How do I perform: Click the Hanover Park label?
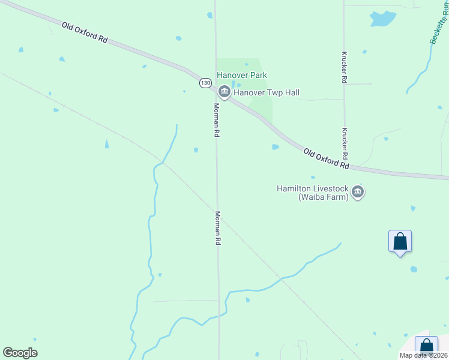click(x=242, y=75)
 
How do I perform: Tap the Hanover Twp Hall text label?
click(x=266, y=93)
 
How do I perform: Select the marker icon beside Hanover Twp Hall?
click(x=224, y=92)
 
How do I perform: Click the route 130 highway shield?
click(x=205, y=83)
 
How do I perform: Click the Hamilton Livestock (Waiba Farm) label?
click(x=312, y=193)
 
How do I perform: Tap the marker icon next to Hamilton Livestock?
click(x=358, y=192)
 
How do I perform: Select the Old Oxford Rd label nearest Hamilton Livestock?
click(x=326, y=158)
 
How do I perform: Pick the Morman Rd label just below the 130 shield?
click(x=216, y=120)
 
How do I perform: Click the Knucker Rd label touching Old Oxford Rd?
click(x=346, y=143)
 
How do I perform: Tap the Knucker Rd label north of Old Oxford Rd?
click(x=344, y=66)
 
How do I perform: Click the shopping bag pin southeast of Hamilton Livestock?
click(x=400, y=242)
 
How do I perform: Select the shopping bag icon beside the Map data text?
click(x=426, y=346)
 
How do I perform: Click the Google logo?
click(x=20, y=353)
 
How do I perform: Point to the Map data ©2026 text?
click(x=423, y=355)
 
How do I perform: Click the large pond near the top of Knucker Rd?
click(x=382, y=19)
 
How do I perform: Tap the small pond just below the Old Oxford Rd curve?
click(x=275, y=146)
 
